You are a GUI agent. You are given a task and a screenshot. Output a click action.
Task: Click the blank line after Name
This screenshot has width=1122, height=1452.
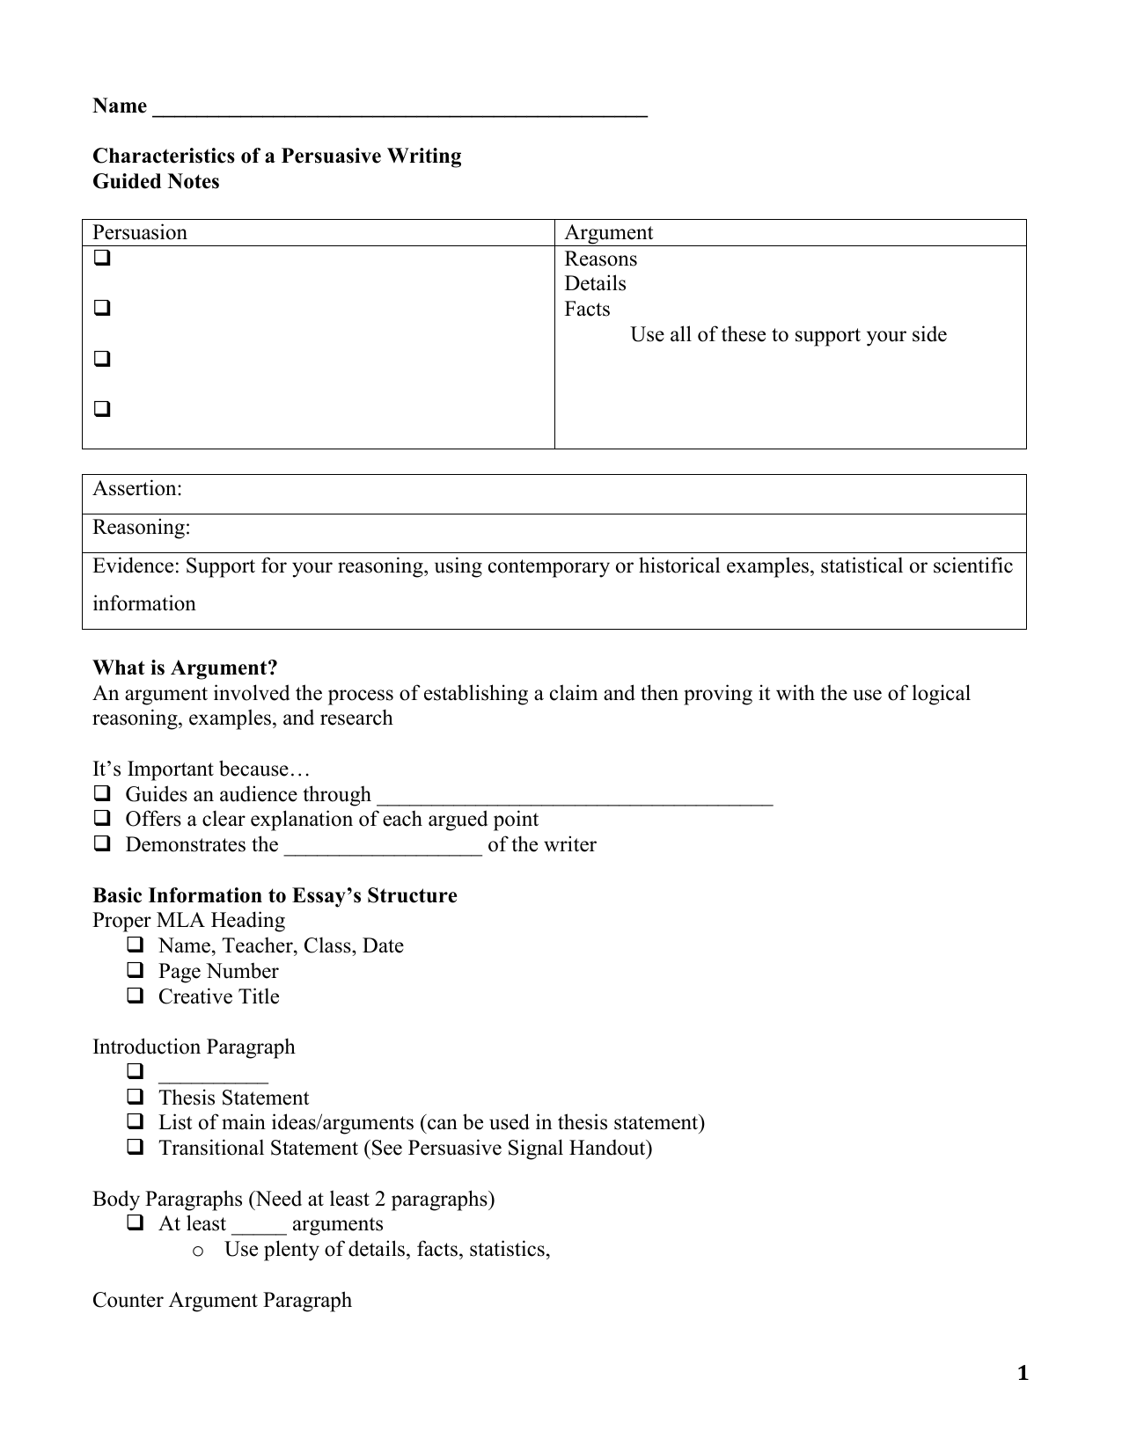(x=400, y=109)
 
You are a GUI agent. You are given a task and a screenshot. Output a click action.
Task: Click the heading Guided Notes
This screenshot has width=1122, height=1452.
(x=156, y=182)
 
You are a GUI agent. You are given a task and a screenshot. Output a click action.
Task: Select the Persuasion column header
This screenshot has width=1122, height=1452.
(x=140, y=233)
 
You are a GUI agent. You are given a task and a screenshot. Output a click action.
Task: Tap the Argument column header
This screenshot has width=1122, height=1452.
(x=608, y=233)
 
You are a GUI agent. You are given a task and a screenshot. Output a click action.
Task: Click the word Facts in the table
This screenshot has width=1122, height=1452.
(x=587, y=310)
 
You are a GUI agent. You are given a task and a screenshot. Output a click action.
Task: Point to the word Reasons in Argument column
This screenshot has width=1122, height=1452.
(x=600, y=259)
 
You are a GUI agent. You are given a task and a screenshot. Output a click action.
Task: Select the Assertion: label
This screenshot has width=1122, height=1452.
(x=137, y=489)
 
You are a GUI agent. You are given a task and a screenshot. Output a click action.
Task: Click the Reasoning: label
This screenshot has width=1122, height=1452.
(x=142, y=528)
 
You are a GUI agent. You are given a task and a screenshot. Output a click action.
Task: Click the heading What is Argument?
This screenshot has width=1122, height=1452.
(x=185, y=668)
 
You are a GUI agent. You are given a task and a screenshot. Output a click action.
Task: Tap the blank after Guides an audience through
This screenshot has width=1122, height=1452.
(x=574, y=797)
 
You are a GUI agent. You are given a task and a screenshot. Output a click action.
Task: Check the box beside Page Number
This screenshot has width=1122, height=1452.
(x=135, y=971)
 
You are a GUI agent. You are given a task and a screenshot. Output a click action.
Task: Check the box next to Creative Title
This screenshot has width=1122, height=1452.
(x=135, y=996)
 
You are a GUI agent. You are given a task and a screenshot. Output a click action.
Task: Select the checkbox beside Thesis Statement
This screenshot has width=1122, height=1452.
(x=135, y=1098)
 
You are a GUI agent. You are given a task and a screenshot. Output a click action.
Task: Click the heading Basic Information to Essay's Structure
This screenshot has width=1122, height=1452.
(x=275, y=896)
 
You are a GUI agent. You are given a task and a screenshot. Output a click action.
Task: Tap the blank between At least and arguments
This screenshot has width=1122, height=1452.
(x=259, y=1226)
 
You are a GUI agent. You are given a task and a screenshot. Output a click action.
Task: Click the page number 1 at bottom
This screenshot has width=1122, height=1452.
(x=1022, y=1374)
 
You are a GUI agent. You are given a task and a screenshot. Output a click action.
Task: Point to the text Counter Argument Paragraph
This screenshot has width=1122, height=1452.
(x=222, y=1301)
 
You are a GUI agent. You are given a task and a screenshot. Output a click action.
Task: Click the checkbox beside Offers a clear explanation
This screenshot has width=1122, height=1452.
(x=102, y=819)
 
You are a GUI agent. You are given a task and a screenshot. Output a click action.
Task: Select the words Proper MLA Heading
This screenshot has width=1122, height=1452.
(x=188, y=921)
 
